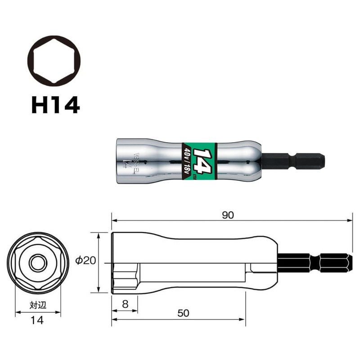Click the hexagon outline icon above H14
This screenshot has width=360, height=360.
coord(55,61)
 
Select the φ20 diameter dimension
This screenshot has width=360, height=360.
coord(85,261)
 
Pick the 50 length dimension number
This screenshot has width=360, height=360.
coord(183,314)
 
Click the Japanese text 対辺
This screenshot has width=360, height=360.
coord(38,305)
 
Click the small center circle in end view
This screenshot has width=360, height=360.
coord(35,262)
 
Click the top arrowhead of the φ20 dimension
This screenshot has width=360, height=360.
coord(98,235)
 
